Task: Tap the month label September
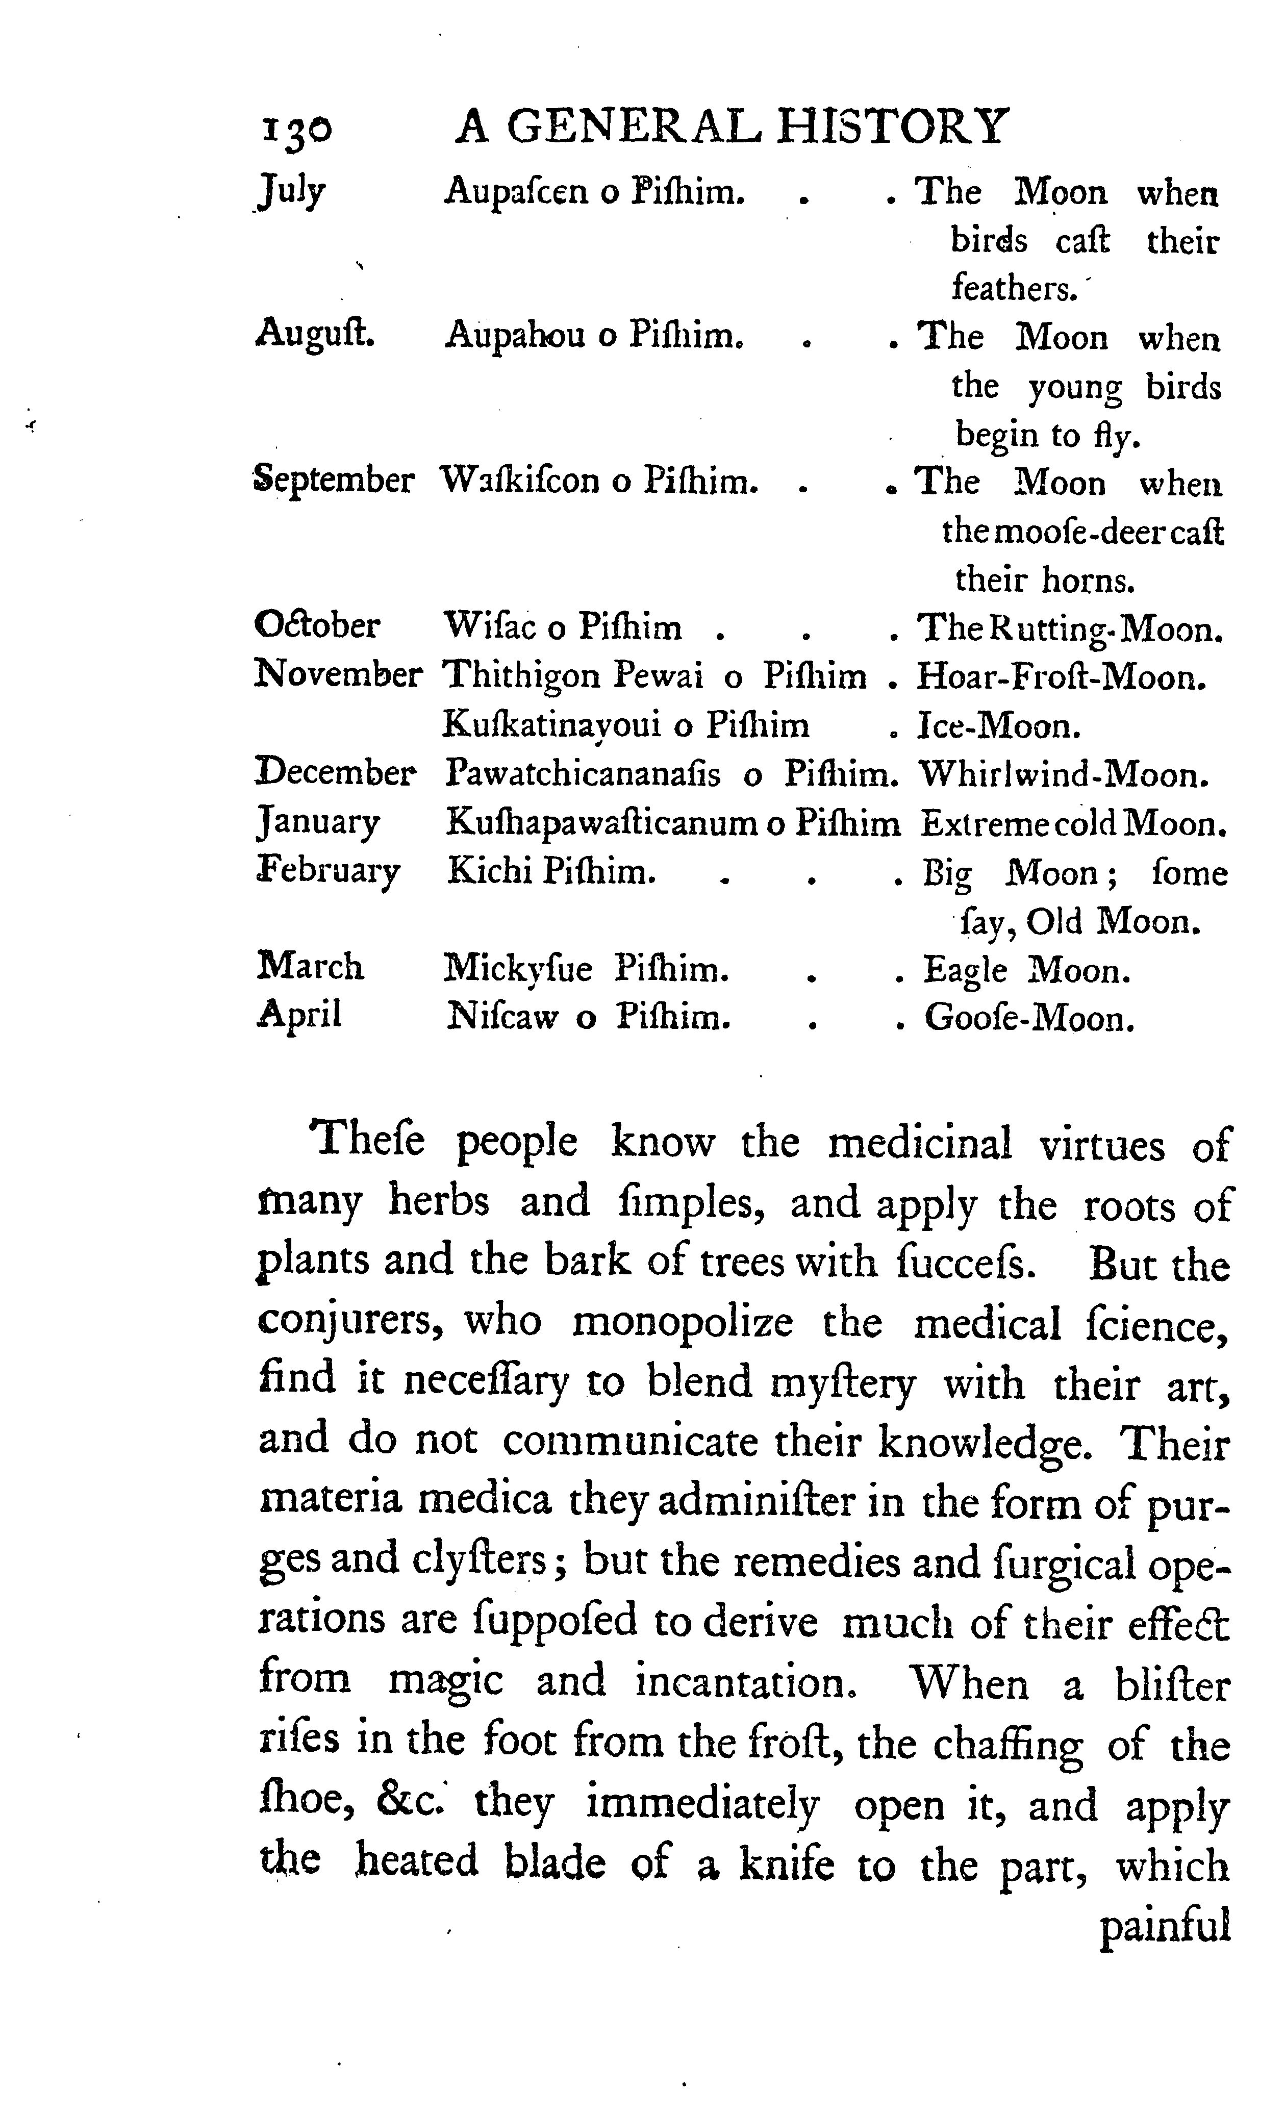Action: pyautogui.click(x=333, y=480)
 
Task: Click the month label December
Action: pyautogui.click(x=336, y=773)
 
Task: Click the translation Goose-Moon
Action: pyautogui.click(x=1029, y=1019)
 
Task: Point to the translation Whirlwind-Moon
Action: pyautogui.click(x=1064, y=775)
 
